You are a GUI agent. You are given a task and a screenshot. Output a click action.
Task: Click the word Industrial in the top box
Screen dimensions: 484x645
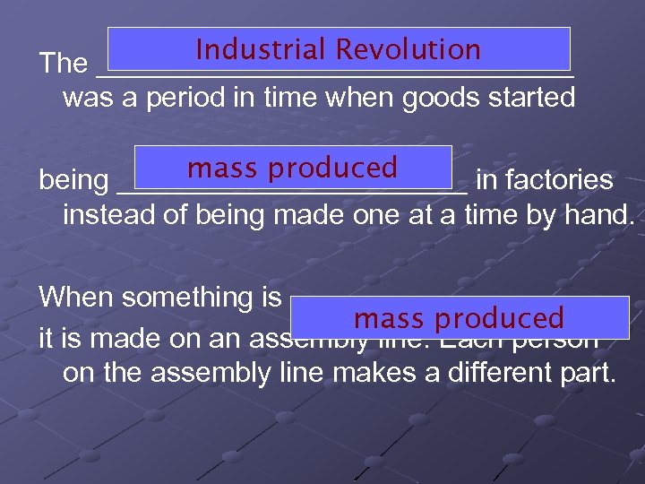point(262,49)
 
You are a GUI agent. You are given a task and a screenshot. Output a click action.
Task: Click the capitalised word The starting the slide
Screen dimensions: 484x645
point(63,64)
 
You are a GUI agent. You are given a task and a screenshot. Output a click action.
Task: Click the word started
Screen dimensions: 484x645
point(531,98)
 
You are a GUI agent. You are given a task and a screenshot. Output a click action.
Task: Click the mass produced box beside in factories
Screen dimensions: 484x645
point(293,168)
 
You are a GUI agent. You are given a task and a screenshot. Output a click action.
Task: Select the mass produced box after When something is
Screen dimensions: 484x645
point(460,318)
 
